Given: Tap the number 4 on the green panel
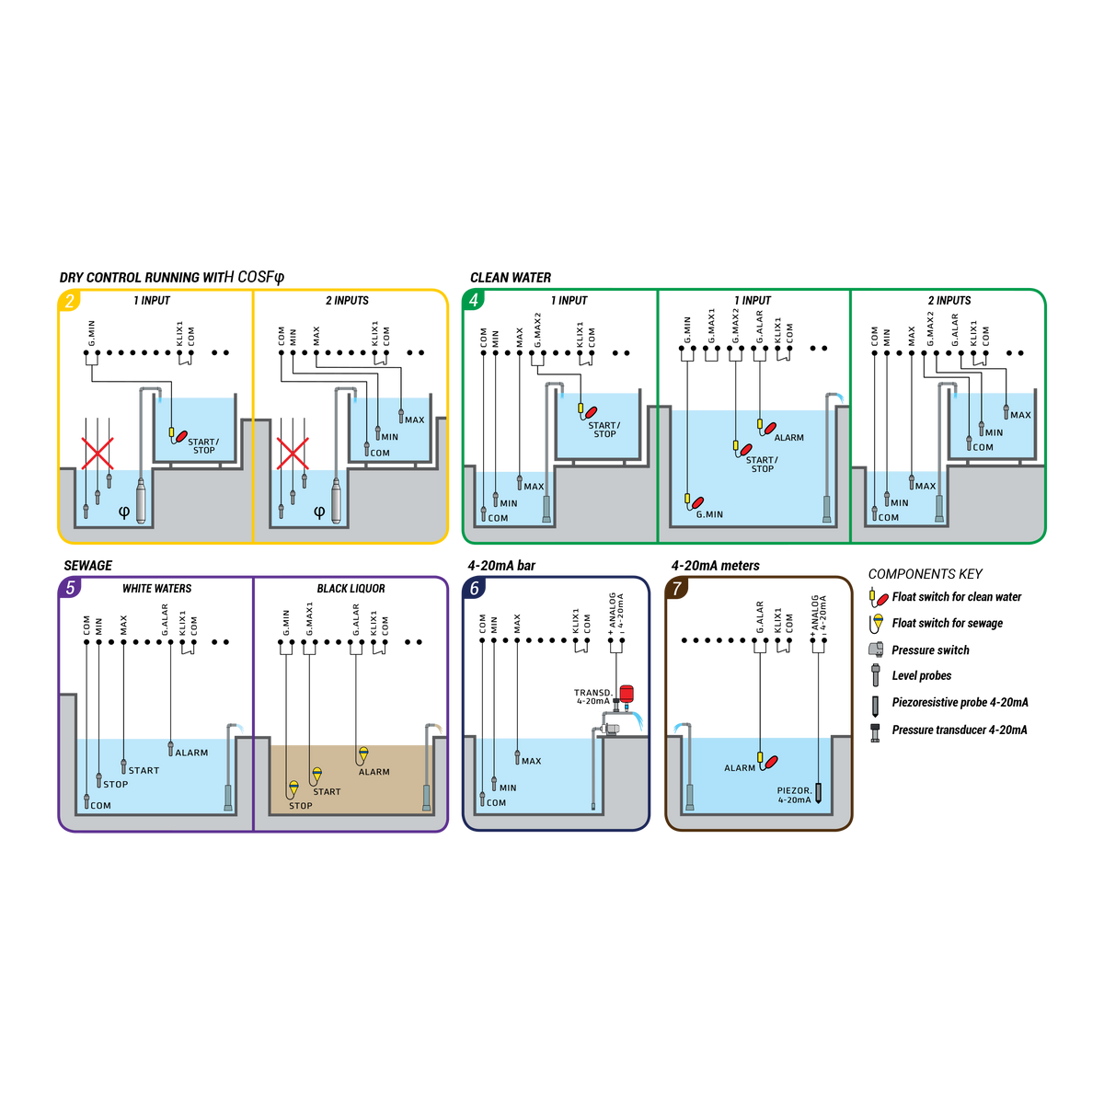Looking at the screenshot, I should (473, 301).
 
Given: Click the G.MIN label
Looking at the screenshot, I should (709, 514).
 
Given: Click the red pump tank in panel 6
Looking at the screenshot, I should (627, 693).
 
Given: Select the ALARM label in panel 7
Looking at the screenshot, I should (740, 768).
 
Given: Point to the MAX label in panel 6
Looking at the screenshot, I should (532, 761).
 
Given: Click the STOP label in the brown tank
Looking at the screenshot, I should (301, 806).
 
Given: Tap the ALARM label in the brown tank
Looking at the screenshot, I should (374, 772).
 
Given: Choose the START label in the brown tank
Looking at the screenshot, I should (327, 791).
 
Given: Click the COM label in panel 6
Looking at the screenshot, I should (496, 802).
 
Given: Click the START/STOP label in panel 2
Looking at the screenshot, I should (203, 446).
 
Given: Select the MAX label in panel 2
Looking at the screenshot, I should (414, 420).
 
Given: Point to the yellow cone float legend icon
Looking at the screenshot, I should (878, 621).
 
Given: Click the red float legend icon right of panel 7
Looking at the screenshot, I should (882, 599).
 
